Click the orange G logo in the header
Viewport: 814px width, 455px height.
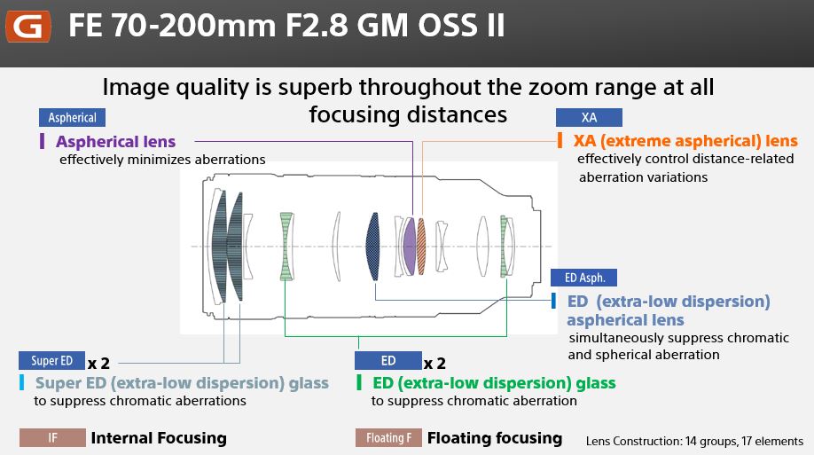pos(28,26)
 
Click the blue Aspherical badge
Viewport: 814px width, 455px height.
pos(72,117)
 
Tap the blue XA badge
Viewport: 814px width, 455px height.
pos(589,117)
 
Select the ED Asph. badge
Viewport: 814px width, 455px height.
pos(584,278)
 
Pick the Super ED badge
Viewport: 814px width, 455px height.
pos(52,360)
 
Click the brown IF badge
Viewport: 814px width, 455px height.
pos(52,438)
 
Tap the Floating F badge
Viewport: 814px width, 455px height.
pos(389,438)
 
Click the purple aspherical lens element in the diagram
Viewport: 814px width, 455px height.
pos(410,247)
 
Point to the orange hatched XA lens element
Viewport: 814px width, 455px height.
pos(421,247)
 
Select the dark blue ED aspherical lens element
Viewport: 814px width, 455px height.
pos(372,247)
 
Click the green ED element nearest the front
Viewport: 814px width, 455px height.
pos(286,247)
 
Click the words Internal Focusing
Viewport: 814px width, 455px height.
pos(159,438)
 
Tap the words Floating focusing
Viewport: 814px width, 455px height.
pos(495,438)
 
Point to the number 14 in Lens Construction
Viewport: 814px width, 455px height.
pos(691,441)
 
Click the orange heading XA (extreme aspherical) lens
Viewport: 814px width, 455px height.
pos(685,141)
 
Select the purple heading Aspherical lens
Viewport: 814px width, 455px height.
pos(116,141)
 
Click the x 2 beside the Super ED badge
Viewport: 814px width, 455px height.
pos(98,363)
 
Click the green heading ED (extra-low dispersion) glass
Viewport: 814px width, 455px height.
pos(494,383)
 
